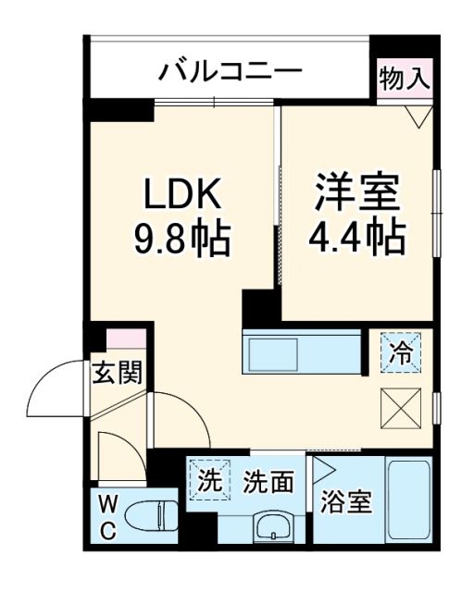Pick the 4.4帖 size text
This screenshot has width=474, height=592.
click(x=357, y=238)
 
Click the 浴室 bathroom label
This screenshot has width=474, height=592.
click(x=346, y=503)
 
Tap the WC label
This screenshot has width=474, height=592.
click(x=107, y=517)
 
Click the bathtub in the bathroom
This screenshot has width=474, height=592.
click(x=408, y=499)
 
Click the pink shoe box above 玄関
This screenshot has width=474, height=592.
click(x=126, y=339)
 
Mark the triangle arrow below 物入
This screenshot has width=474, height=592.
click(x=419, y=115)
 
